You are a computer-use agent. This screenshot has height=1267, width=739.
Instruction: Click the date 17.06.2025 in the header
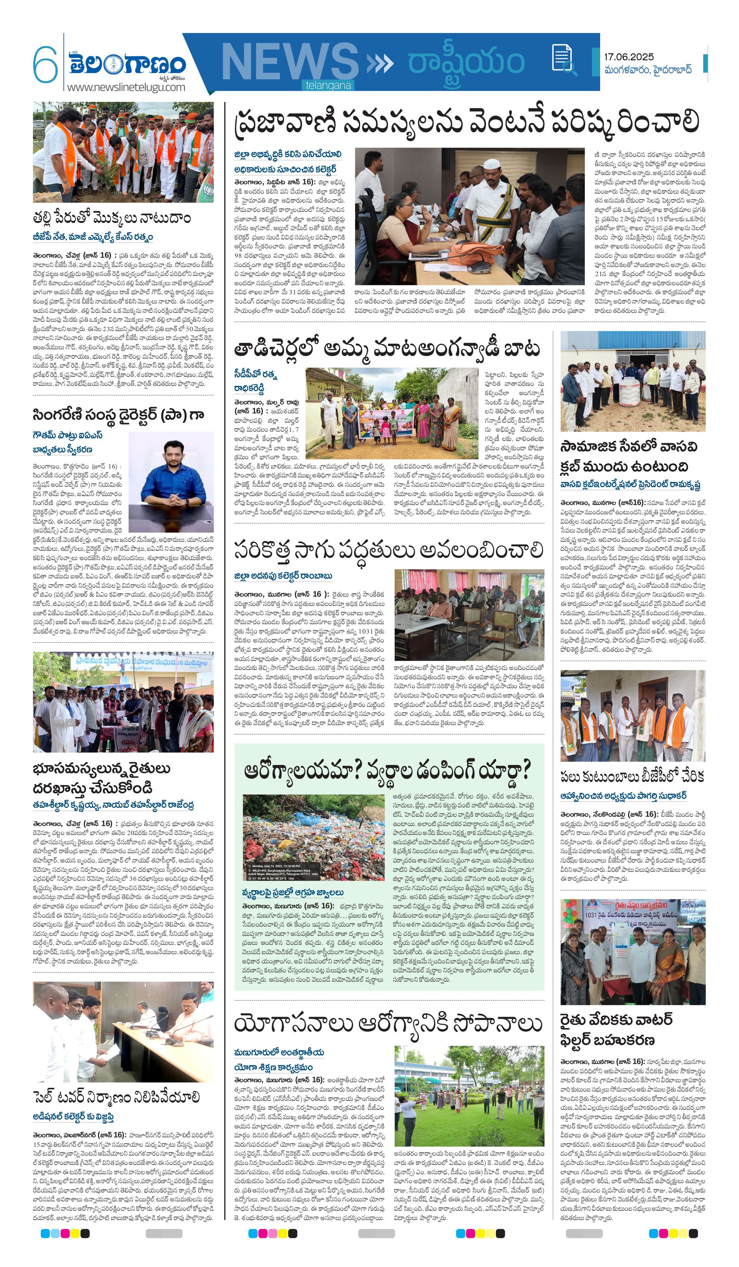tap(628, 57)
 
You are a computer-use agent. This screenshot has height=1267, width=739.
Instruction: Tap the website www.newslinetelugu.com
tap(126, 87)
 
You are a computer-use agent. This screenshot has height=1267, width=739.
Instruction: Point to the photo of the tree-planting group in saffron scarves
tap(123, 152)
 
